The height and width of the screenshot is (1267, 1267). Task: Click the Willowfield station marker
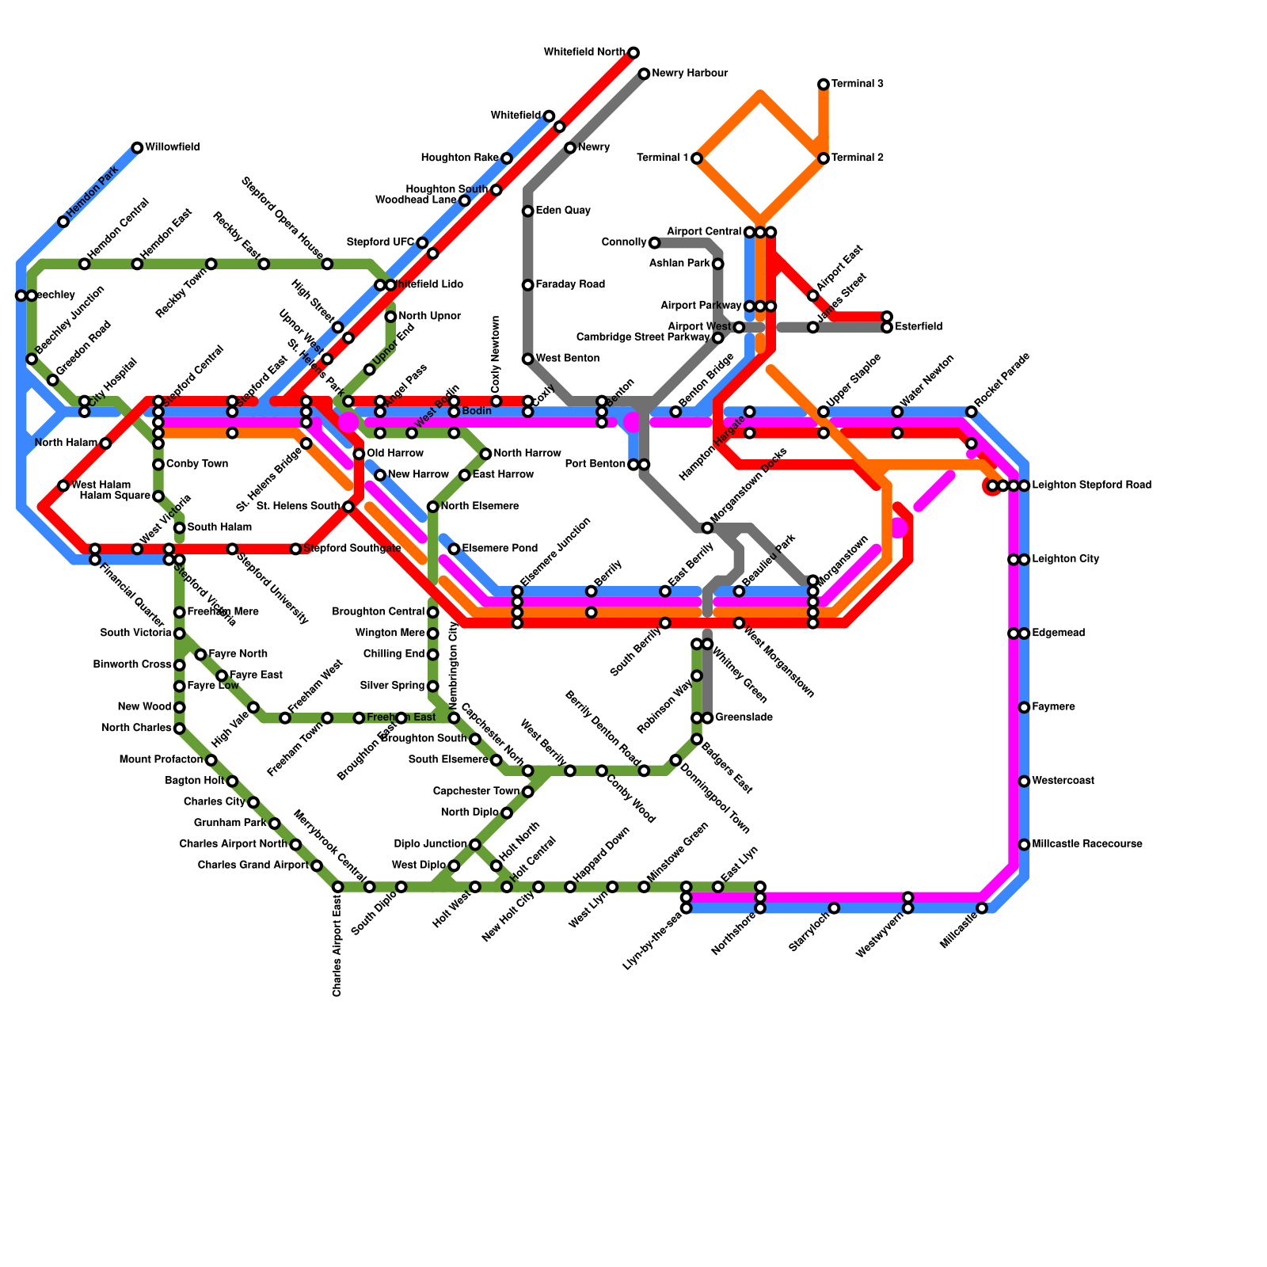pos(137,148)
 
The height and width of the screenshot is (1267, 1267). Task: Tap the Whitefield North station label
pos(584,53)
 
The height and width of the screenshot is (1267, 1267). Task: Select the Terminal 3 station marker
pos(824,85)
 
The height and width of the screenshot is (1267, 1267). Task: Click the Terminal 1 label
pos(662,158)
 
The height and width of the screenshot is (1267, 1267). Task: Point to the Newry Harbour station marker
pos(644,74)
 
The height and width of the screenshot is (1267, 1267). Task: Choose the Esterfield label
pos(919,327)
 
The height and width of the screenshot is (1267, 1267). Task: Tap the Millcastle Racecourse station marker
pos(1024,845)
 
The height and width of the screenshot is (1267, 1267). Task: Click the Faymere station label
pos(1053,707)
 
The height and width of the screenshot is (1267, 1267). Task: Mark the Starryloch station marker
pos(834,908)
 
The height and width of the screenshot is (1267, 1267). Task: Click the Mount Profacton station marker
pos(211,760)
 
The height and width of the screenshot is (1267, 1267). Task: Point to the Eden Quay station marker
pos(527,211)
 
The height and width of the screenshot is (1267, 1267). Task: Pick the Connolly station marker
pos(654,243)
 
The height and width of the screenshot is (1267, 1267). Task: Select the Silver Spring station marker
pos(432,687)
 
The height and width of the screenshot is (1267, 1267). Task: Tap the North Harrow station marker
pos(485,454)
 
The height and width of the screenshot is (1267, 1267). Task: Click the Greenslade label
pos(744,718)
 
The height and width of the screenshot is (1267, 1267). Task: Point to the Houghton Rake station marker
pos(507,158)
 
